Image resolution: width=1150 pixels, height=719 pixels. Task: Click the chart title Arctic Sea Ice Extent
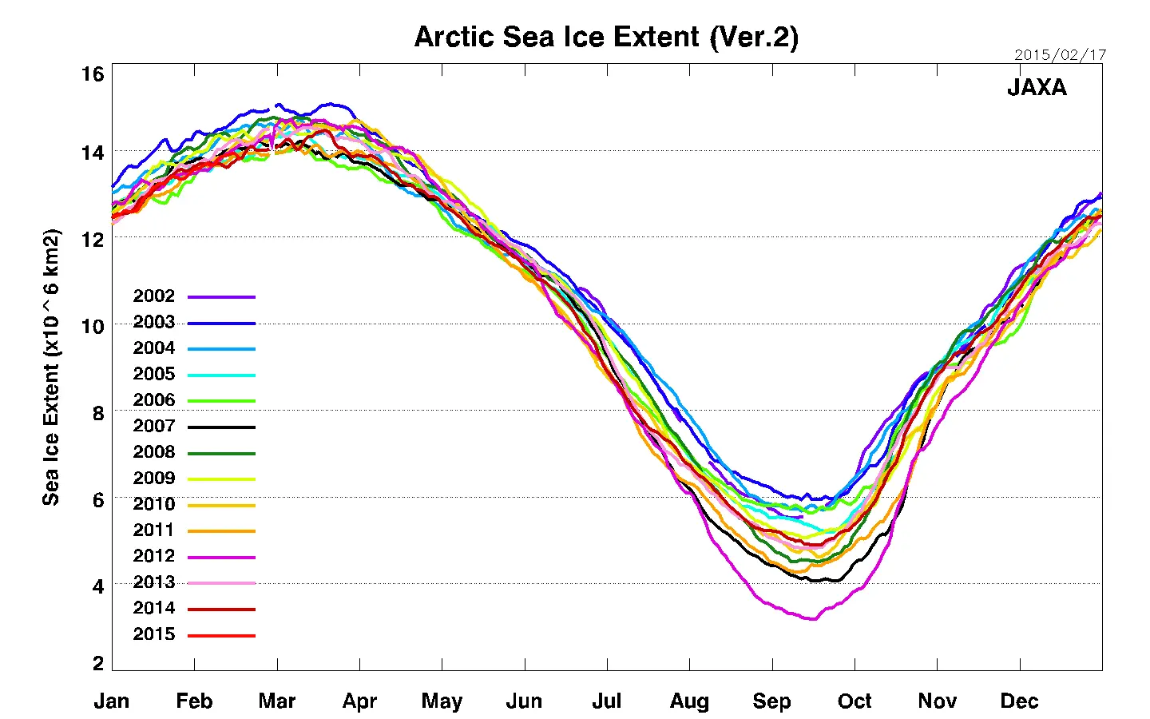(605, 38)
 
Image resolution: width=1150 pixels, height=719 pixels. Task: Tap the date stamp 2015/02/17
(1060, 55)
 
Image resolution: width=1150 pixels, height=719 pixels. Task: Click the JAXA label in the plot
(1037, 87)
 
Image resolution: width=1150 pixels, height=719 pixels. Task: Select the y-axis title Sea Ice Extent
(51, 367)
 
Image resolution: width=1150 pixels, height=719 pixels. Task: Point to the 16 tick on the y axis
(93, 74)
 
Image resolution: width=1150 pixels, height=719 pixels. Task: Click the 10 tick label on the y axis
(93, 326)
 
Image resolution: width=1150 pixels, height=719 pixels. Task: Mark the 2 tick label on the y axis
(98, 663)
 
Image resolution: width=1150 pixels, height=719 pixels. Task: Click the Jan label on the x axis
(112, 701)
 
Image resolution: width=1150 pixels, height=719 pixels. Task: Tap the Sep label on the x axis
(771, 701)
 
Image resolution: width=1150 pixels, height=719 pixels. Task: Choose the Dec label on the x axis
(1019, 701)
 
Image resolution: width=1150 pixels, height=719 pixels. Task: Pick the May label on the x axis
(442, 701)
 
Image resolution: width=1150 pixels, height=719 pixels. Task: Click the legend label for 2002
(153, 296)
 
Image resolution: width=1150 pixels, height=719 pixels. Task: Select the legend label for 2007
(153, 427)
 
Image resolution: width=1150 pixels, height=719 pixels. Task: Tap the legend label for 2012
(153, 556)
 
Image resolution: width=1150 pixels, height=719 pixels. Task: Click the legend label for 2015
(153, 634)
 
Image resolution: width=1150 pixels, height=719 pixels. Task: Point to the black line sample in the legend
(221, 427)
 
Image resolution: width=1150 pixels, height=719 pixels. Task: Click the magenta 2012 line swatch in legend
(221, 558)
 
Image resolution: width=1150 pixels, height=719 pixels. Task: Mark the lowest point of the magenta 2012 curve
(812, 618)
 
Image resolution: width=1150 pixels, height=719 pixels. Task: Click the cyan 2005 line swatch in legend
(221, 375)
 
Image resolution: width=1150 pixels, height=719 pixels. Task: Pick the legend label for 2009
(153, 479)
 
